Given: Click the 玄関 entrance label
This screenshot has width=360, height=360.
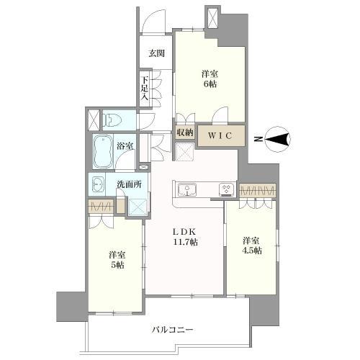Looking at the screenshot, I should point(157,53).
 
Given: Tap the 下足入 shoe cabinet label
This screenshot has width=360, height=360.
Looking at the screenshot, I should point(145,87).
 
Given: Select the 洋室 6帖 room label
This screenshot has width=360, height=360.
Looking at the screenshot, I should point(210,78).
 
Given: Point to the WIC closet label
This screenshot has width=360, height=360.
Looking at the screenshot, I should point(220,134).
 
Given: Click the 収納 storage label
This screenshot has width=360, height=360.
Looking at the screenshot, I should point(185,132).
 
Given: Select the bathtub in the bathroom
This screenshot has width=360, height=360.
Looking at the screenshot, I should point(102,152).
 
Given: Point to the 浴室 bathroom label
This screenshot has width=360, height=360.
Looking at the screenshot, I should point(125,146).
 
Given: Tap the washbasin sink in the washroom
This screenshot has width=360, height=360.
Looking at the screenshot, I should point(97,184).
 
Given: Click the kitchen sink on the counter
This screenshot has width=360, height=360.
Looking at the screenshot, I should point(189,189).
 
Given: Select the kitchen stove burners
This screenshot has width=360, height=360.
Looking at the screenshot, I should point(225,189).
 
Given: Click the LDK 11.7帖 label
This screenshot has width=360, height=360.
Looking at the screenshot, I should point(184,238).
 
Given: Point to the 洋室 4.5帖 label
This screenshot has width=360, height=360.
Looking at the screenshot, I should point(251,245).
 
